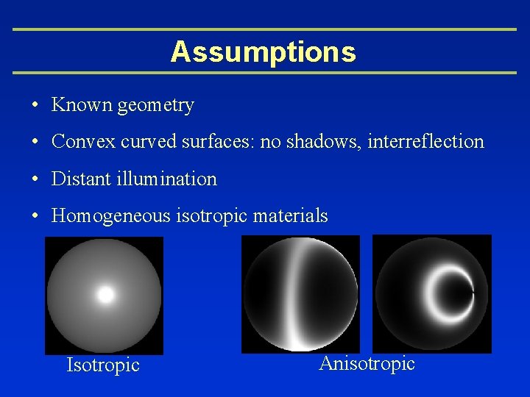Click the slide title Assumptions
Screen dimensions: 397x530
point(264,51)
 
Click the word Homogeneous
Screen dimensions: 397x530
point(110,216)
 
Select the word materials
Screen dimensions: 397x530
point(290,216)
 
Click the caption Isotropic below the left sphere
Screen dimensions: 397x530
point(103,365)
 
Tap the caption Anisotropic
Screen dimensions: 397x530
point(367,363)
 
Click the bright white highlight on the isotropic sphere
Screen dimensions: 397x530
point(106,295)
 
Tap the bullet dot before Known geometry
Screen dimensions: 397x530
point(35,106)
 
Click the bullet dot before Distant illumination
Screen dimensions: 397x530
point(35,179)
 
